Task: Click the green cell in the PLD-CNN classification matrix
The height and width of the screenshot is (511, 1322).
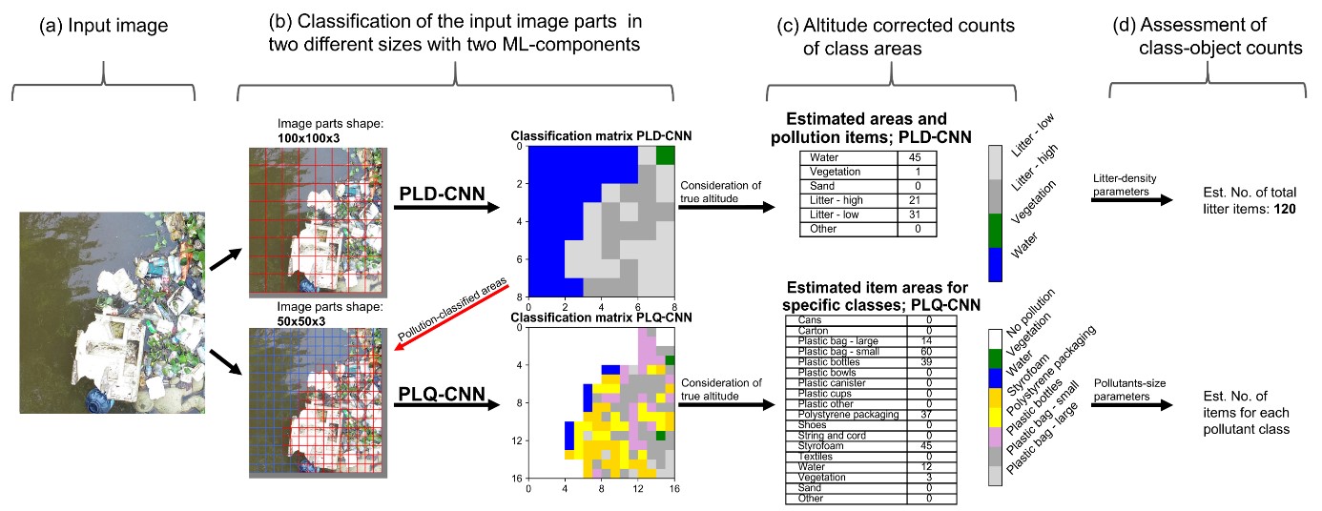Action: click(665, 155)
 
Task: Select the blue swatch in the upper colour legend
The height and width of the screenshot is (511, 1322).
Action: click(996, 262)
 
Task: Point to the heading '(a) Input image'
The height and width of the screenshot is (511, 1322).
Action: click(103, 27)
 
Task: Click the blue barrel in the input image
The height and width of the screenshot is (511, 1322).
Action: click(99, 399)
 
